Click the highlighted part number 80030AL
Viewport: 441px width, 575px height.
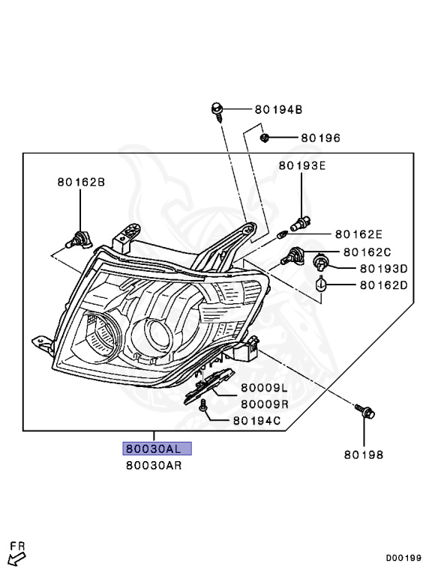[x=157, y=448]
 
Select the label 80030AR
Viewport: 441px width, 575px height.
[x=154, y=466]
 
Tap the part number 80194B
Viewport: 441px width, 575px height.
[x=278, y=109]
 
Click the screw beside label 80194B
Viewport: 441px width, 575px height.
[x=217, y=112]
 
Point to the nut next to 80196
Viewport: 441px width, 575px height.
[x=264, y=138]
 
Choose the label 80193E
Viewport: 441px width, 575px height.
[x=302, y=165]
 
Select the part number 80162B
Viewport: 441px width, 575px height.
[x=81, y=182]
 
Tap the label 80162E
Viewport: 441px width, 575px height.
[x=358, y=234]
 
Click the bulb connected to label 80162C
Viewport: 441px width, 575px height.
[x=292, y=256]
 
